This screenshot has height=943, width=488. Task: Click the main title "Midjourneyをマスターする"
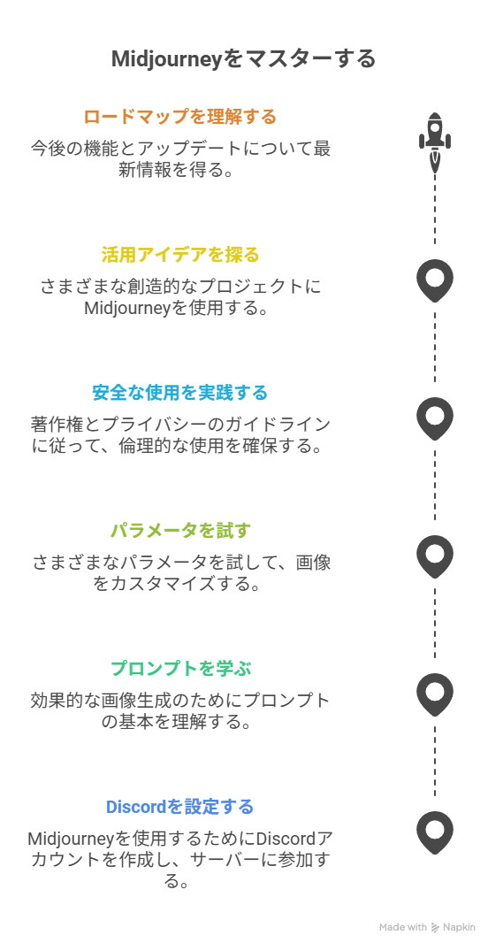[x=243, y=59]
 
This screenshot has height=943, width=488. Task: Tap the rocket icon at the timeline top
[x=434, y=142]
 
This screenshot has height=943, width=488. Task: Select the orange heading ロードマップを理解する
[x=180, y=116]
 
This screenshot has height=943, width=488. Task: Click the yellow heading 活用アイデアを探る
[x=180, y=255]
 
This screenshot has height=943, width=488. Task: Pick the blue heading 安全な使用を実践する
[x=180, y=393]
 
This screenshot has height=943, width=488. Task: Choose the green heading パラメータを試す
[x=180, y=531]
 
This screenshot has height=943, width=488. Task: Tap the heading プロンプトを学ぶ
[x=180, y=668]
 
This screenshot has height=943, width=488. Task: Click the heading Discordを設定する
[x=180, y=807]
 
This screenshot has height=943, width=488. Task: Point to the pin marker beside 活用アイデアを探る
[x=434, y=280]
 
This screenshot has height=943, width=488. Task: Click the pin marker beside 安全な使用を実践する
[x=434, y=418]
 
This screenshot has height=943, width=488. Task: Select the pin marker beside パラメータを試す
[x=434, y=556]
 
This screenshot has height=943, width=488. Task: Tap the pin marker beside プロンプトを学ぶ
[x=434, y=694]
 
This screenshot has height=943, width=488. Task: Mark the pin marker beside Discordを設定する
[x=434, y=832]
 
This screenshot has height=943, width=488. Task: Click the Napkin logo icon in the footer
[x=435, y=927]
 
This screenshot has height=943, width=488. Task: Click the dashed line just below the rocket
[x=434, y=210]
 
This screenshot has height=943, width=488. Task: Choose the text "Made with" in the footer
[x=403, y=927]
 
